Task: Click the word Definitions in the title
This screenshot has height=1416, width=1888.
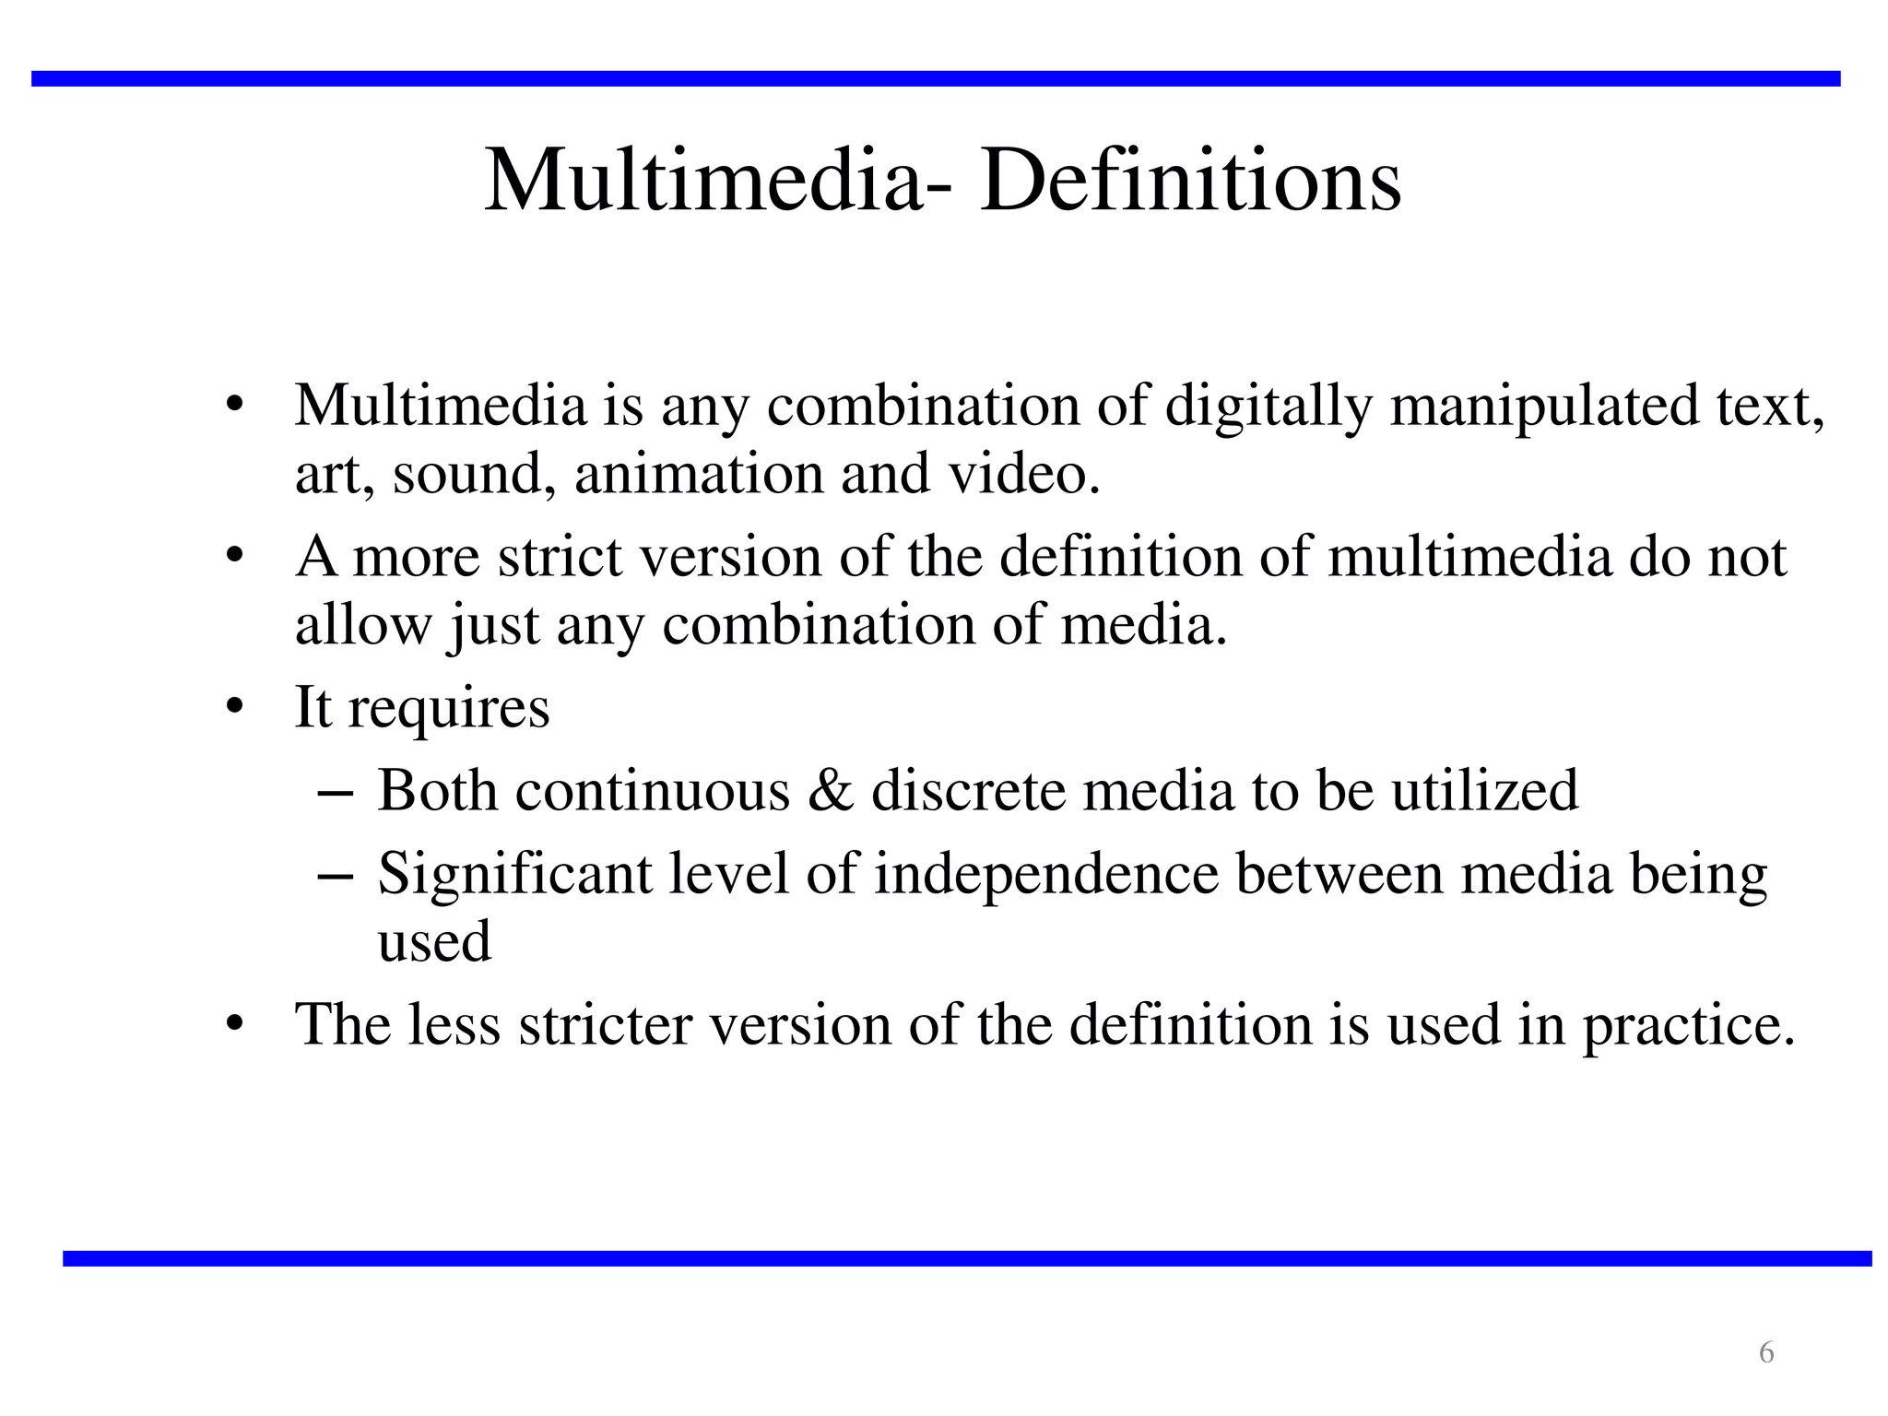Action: pos(1190,181)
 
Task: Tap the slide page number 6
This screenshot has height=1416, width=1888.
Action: pos(1765,1352)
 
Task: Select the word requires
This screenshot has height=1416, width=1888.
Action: pos(449,709)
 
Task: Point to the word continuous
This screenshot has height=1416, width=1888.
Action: pos(653,791)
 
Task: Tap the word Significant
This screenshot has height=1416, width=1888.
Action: pos(514,874)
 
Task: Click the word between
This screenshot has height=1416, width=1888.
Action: pos(1339,874)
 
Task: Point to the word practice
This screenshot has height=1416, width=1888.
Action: pos(1688,1026)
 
